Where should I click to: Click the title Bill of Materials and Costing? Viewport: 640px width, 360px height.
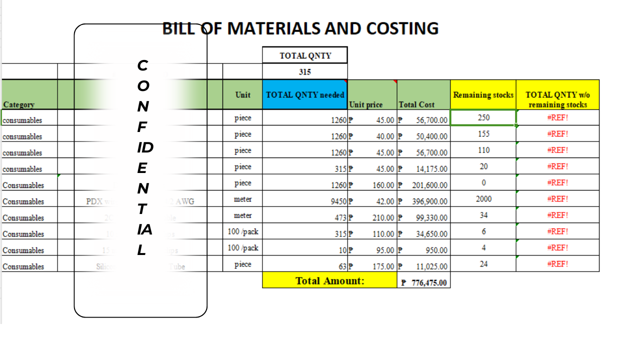tap(300, 28)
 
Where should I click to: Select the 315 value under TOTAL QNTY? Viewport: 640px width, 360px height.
tap(305, 71)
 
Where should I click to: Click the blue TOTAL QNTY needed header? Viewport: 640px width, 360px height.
tap(305, 95)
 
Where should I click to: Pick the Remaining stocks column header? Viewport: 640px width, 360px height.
tap(483, 95)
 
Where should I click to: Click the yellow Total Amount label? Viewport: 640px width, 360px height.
tap(329, 280)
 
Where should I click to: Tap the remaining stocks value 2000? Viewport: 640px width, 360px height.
tap(483, 199)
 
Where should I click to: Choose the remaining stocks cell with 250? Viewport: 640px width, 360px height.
tap(483, 117)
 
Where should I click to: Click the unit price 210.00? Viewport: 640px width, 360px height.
tap(383, 218)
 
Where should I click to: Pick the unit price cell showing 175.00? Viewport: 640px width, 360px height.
tap(383, 266)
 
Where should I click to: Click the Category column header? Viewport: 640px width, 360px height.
tap(19, 104)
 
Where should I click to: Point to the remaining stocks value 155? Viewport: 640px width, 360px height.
tap(483, 134)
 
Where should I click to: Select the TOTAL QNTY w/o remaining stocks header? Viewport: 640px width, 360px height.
tap(557, 99)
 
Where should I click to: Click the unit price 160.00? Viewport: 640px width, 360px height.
tap(383, 185)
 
